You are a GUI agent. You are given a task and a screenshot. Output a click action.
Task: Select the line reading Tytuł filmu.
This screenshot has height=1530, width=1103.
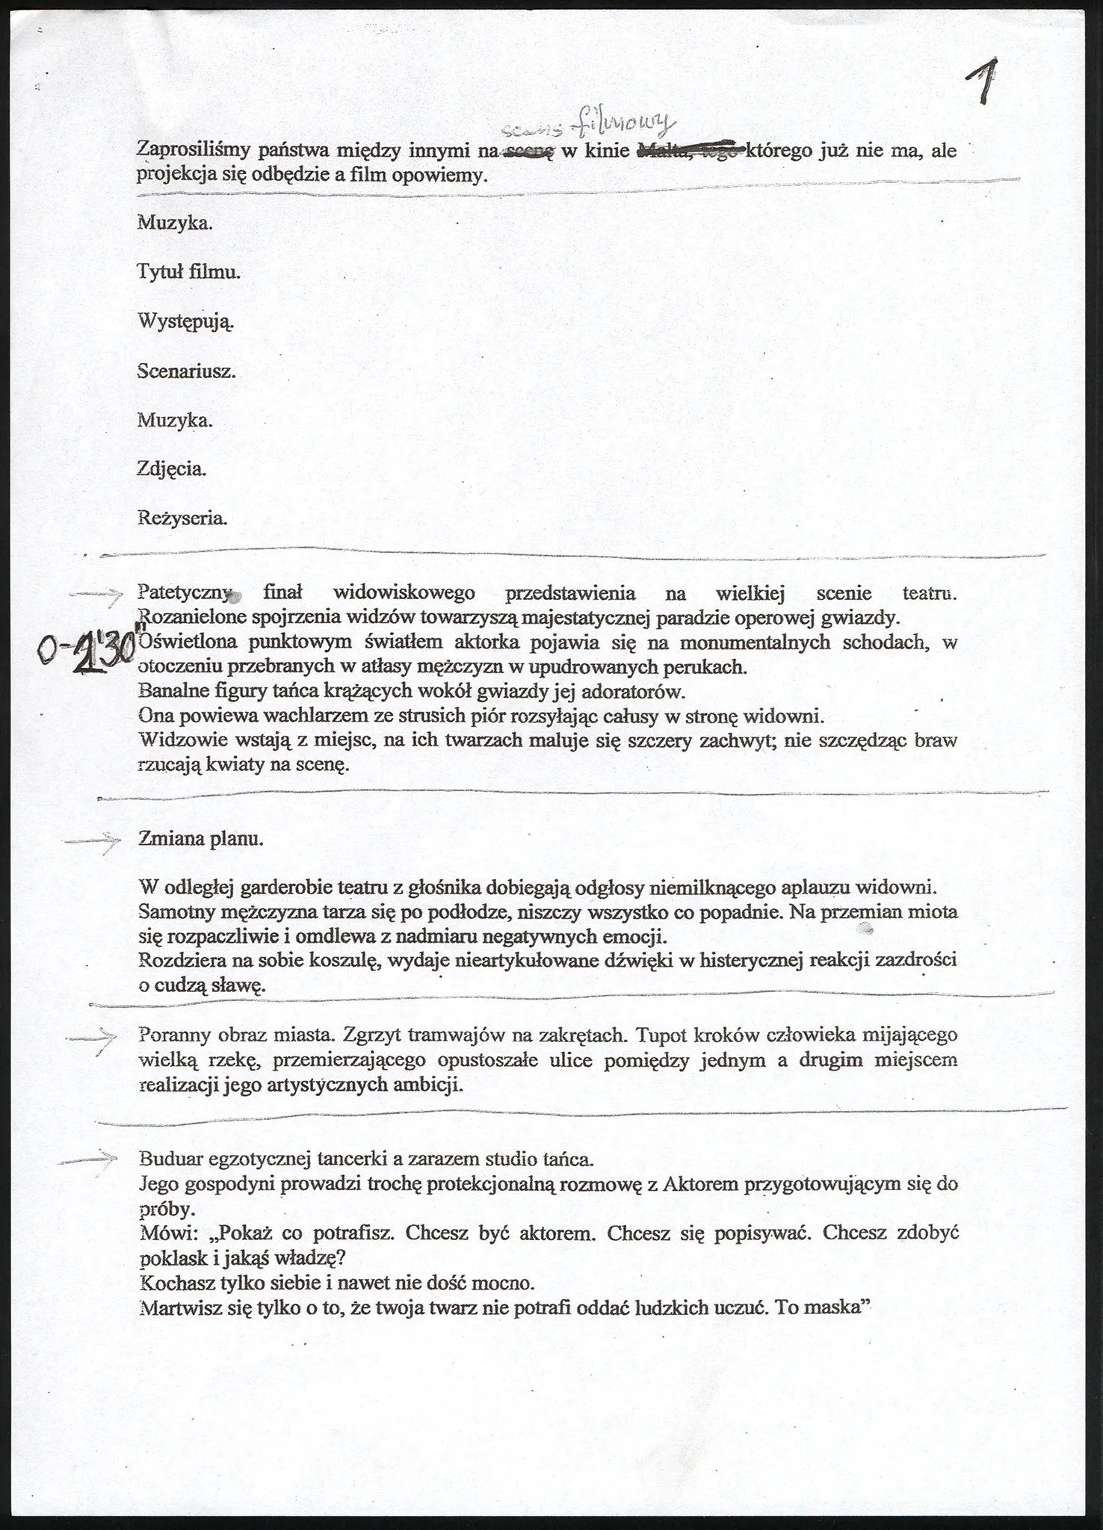pos(189,272)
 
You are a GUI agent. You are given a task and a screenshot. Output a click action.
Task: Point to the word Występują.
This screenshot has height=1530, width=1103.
pos(186,322)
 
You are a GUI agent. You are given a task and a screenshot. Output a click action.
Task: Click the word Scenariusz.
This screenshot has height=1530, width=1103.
pos(187,371)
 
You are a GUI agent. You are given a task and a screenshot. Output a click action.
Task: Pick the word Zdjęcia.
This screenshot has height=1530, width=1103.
pos(172,469)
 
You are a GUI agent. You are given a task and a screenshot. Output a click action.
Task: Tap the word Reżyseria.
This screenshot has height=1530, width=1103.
pos(182,518)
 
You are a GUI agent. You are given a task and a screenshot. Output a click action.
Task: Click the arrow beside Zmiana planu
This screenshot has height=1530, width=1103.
pos(91,841)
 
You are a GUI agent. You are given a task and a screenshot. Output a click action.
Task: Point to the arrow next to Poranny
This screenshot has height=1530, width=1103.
pos(91,1038)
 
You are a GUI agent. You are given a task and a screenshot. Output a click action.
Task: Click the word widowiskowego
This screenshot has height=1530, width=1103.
pos(404,593)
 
